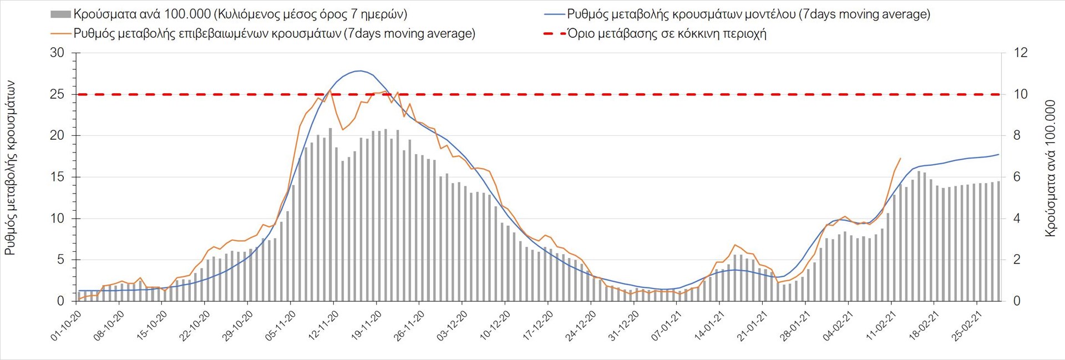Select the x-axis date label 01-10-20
coord(67,326)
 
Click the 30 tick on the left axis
coord(57,53)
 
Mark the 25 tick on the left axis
coord(57,94)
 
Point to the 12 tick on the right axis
coord(1021,53)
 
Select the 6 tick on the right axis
coord(1017,177)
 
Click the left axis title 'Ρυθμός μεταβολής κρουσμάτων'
coord(10,168)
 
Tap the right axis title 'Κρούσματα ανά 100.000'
coord(1050,169)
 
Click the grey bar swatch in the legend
coord(60,14)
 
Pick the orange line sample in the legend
coord(60,34)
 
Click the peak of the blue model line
coord(360,70)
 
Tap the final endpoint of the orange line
coord(900,159)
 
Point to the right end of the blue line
coord(998,154)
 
